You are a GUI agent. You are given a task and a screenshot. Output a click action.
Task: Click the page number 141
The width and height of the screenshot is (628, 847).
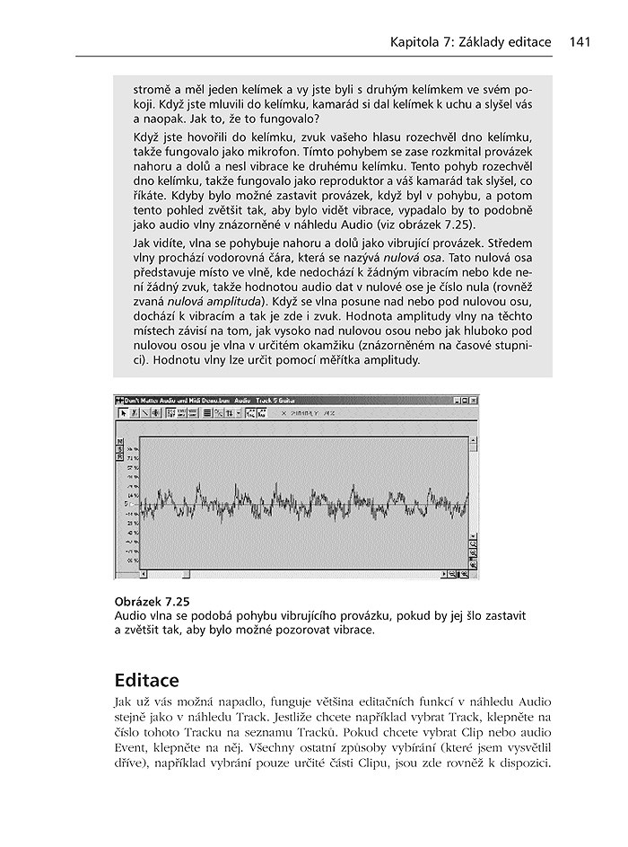(x=578, y=42)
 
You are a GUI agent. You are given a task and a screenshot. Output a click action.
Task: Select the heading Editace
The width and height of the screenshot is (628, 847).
(x=148, y=679)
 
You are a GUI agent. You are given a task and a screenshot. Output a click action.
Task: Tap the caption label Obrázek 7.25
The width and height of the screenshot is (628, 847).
(x=153, y=601)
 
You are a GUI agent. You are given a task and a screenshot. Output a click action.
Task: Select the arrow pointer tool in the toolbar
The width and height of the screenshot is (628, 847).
(x=123, y=413)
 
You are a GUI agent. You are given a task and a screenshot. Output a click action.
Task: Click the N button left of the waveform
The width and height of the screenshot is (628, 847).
(x=119, y=442)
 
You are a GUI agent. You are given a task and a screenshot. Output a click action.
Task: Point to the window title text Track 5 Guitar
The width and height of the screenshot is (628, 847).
(x=275, y=399)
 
